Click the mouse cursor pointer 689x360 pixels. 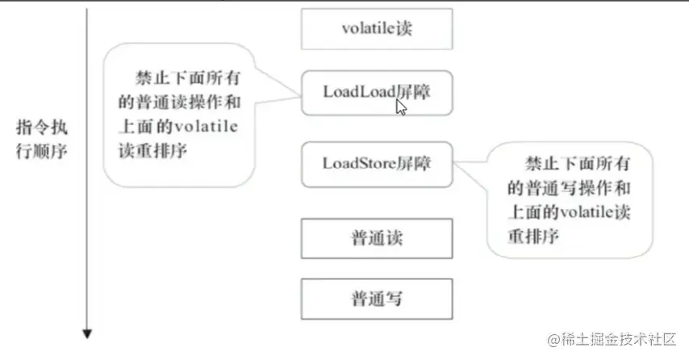(x=401, y=107)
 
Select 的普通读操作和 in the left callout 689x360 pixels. (x=181, y=104)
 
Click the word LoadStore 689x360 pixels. (x=358, y=163)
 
